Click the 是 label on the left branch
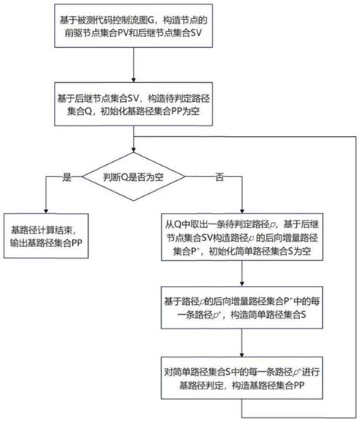coord(66,176)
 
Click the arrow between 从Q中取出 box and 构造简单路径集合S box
coord(242,275)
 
